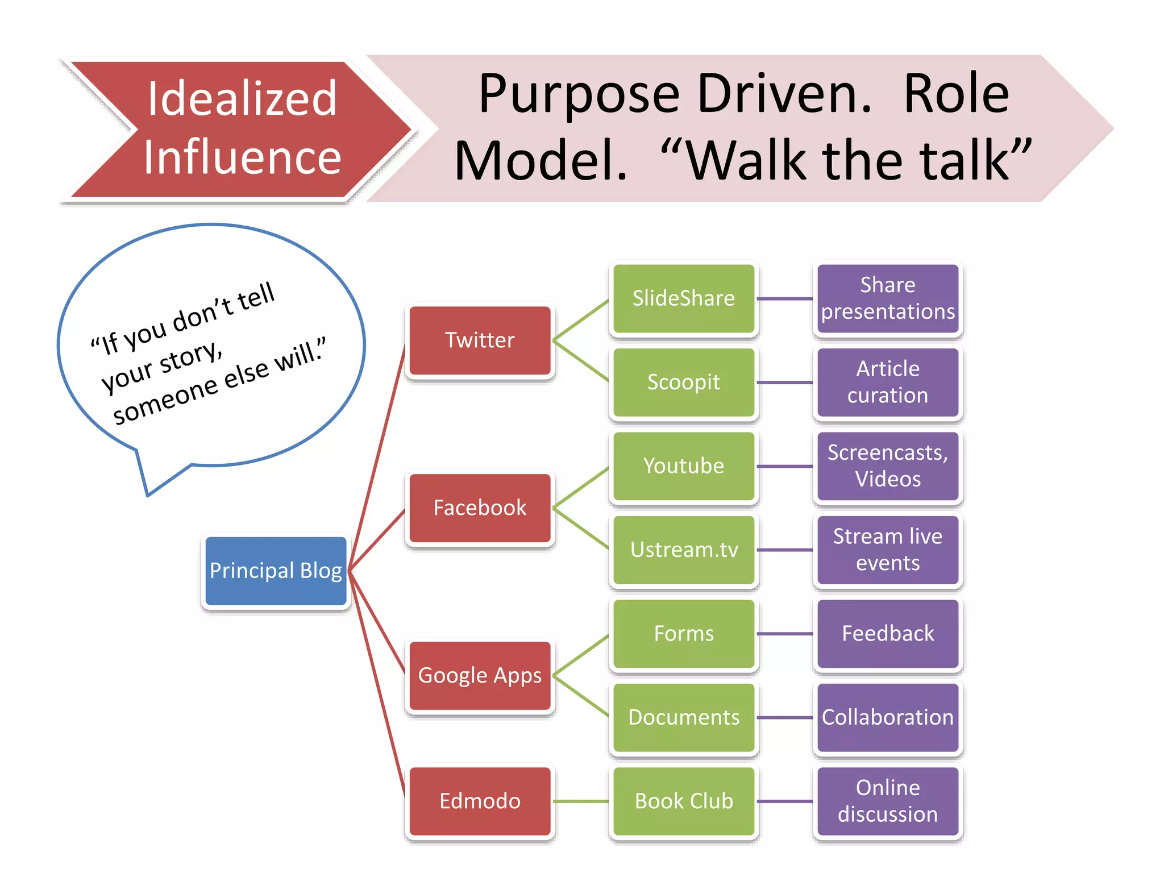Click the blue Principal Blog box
coord(276,571)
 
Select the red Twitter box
coord(480,340)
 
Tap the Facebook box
coord(480,508)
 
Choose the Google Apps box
coord(480,676)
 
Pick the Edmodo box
coord(480,801)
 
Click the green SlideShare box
coord(684,298)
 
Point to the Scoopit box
coord(684,383)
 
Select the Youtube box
coord(684,466)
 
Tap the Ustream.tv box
coord(684,550)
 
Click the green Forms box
coord(684,634)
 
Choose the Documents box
coord(684,717)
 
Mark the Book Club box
coord(684,801)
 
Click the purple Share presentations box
coord(888,298)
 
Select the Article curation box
coord(888,383)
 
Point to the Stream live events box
coord(888,550)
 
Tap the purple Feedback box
coord(888,634)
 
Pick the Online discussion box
coord(888,801)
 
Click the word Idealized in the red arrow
coord(242,99)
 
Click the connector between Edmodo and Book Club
coord(581,801)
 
